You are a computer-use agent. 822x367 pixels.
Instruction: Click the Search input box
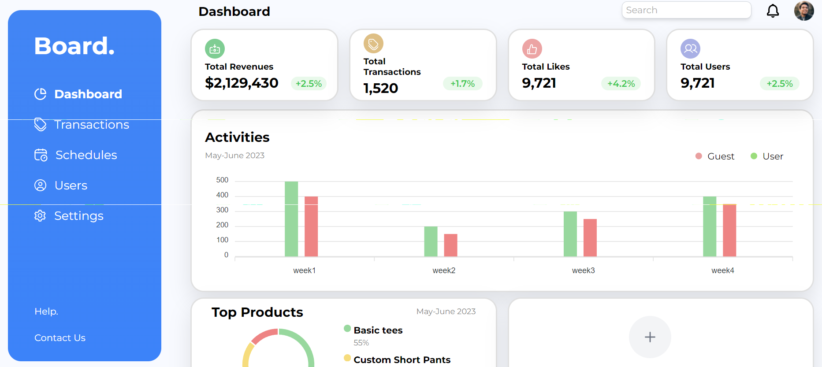(x=686, y=10)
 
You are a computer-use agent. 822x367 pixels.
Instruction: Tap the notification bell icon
(x=773, y=11)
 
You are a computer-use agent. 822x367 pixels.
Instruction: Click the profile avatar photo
(x=804, y=11)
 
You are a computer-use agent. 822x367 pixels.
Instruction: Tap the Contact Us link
(x=60, y=338)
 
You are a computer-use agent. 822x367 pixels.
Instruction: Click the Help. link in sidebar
(x=46, y=311)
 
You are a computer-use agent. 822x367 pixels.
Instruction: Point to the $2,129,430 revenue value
(x=242, y=83)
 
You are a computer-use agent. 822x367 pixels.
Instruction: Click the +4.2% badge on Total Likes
(x=621, y=84)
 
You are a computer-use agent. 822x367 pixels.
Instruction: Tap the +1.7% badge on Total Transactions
(x=462, y=84)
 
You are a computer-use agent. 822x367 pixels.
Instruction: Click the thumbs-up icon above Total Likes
(x=532, y=48)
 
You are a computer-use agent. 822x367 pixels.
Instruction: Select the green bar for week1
(x=291, y=219)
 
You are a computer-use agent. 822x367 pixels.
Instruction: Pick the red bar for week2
(x=450, y=245)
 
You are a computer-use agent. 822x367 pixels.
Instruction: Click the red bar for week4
(x=729, y=230)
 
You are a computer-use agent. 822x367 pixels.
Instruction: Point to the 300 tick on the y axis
(x=222, y=210)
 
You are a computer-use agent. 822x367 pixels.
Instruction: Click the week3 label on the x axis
(x=583, y=271)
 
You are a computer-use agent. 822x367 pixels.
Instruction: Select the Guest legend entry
(x=715, y=156)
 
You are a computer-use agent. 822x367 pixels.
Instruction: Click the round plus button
(x=650, y=337)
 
